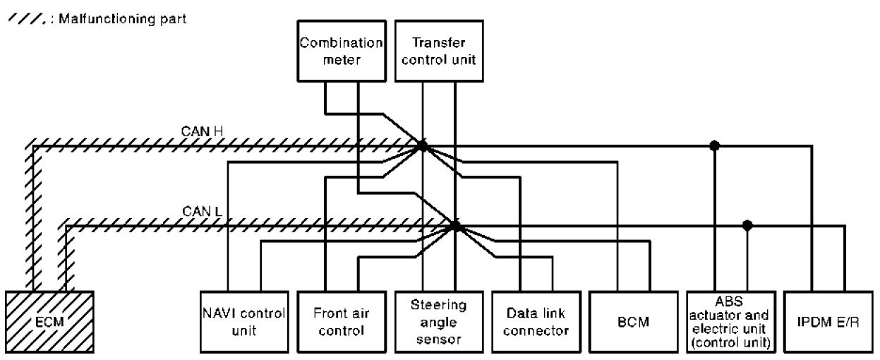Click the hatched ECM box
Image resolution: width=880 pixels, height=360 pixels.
click(x=50, y=321)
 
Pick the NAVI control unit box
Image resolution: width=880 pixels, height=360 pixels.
click(x=242, y=321)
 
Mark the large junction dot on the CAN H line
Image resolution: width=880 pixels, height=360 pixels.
click(x=422, y=146)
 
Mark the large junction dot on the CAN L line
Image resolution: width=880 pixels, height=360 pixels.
click(x=455, y=226)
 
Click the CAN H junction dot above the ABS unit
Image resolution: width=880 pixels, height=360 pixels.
click(x=715, y=146)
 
